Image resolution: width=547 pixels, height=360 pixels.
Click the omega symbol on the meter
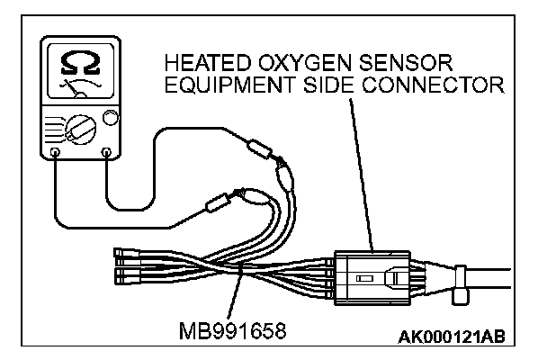(x=78, y=61)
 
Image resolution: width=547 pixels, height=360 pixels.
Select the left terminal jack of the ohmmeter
(x=56, y=153)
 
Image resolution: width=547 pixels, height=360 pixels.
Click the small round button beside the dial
(x=112, y=117)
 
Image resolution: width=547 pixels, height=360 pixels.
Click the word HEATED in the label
(x=202, y=65)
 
